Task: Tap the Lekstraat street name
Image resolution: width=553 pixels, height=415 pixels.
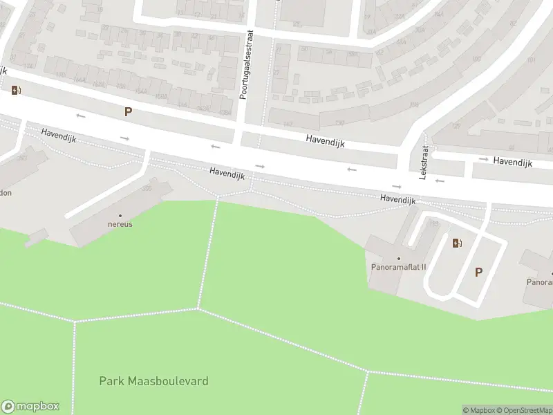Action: click(424, 162)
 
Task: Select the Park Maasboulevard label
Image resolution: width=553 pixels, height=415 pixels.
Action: click(153, 381)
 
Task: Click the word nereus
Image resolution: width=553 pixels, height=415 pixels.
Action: click(120, 224)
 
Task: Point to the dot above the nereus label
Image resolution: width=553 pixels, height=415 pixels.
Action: click(120, 216)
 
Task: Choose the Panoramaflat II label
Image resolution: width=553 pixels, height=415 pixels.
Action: click(399, 267)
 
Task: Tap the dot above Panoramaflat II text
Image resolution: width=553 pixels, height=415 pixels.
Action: click(399, 259)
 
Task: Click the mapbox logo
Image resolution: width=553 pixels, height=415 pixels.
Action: click(30, 407)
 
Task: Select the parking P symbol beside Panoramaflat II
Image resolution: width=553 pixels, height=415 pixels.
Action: click(478, 273)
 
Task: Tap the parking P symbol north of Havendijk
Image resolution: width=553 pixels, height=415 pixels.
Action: click(128, 111)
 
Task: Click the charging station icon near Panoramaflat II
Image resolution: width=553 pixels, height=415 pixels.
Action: click(457, 243)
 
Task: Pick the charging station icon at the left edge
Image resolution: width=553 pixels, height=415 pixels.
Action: click(15, 90)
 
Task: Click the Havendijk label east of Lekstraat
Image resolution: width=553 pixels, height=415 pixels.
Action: click(512, 162)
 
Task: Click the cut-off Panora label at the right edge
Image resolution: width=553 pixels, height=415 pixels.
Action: click(540, 282)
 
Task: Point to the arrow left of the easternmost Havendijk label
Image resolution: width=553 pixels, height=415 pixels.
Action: click(483, 160)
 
